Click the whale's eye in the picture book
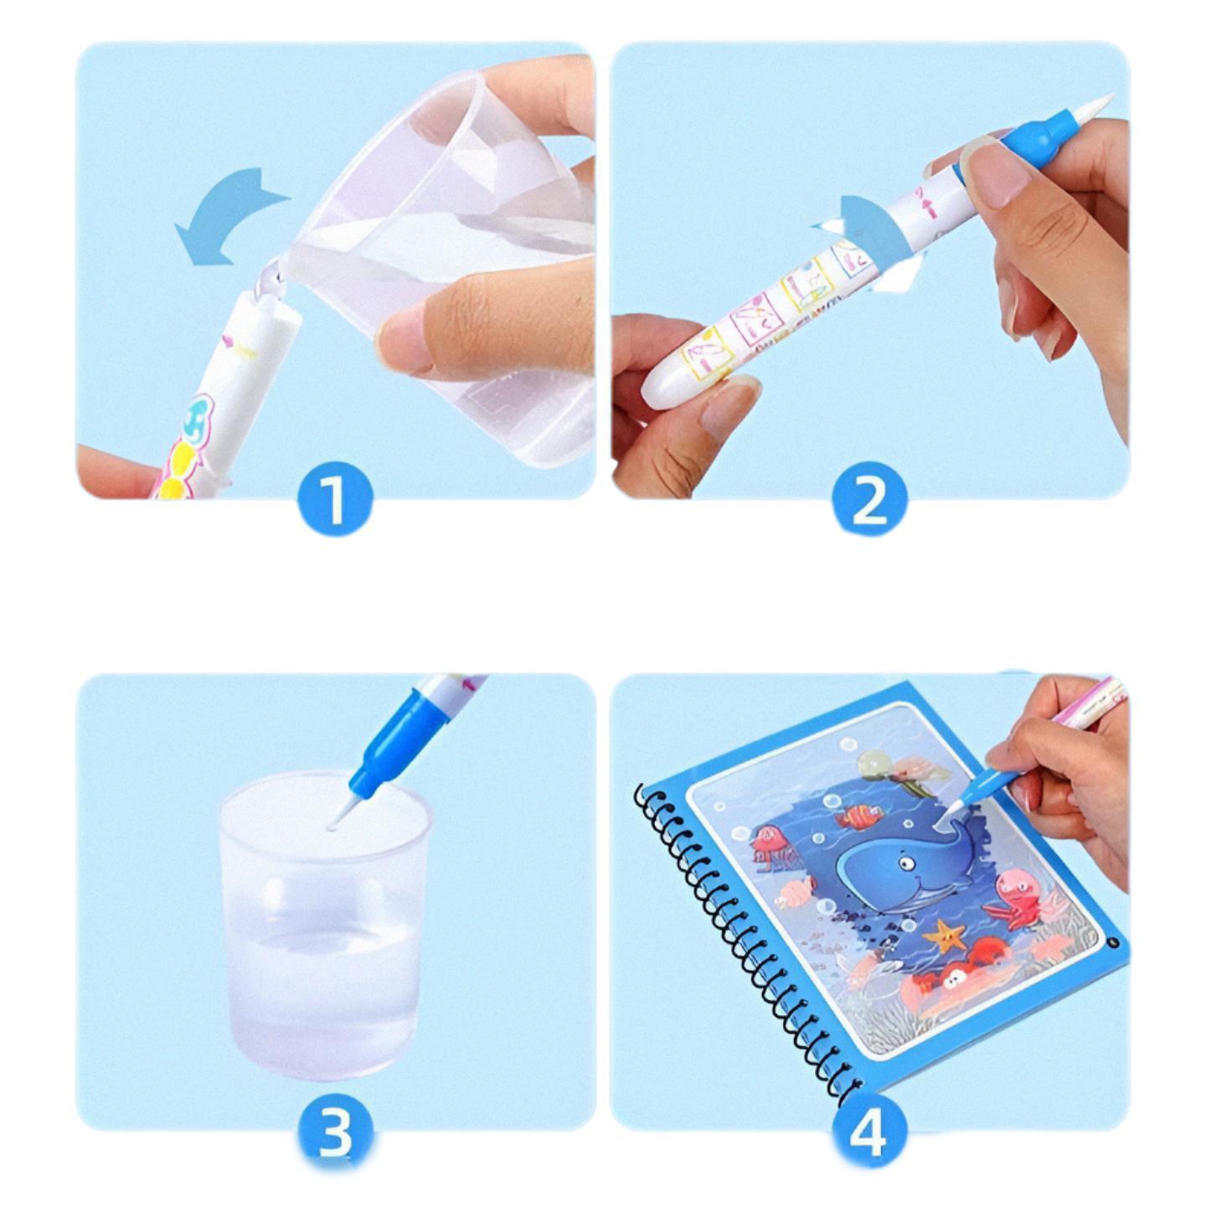click(905, 863)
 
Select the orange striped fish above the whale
click(863, 816)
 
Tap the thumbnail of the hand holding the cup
click(407, 341)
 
